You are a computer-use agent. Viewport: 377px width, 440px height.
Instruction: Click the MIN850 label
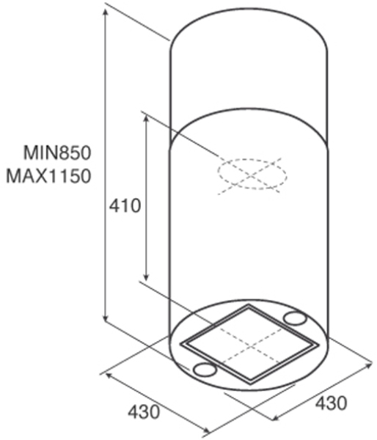pos(57,153)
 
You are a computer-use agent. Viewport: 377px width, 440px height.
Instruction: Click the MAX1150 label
pos(49,176)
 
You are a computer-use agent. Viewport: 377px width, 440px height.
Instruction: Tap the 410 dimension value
pos(125,206)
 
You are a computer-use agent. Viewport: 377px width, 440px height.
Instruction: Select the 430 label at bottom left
pos(144,412)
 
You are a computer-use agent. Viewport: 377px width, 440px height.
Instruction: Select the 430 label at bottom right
pos(331,403)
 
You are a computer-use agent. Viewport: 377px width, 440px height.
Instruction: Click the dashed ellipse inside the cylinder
pos(252,160)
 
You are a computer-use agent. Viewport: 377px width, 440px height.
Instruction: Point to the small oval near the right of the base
pos(294,318)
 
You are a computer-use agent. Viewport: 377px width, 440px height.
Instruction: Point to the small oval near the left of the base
pos(205,370)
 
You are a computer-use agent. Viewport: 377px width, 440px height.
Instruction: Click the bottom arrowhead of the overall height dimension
pos(106,320)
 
